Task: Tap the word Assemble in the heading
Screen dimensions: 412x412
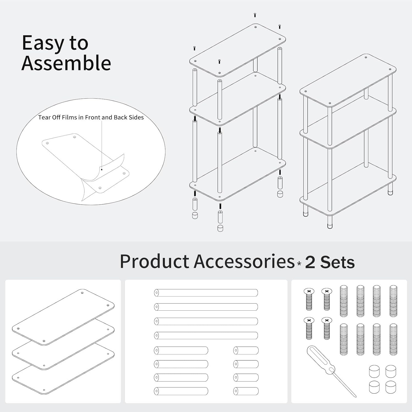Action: point(66,63)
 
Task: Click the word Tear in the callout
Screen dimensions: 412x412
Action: point(44,118)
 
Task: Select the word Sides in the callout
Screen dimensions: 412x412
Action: point(136,118)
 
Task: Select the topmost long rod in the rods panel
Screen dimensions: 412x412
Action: point(206,293)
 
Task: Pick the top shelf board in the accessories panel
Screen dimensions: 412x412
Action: point(63,317)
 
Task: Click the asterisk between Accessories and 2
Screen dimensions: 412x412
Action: point(299,264)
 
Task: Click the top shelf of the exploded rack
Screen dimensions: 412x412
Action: point(238,50)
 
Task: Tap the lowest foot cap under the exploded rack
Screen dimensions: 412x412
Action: point(220,228)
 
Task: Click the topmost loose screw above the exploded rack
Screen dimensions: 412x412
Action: point(255,15)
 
